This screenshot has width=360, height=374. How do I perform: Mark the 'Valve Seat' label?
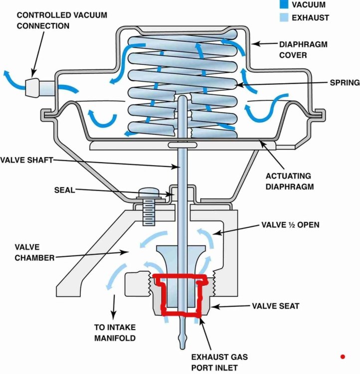[x=275, y=306]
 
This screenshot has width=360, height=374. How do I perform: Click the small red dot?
[x=343, y=357]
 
